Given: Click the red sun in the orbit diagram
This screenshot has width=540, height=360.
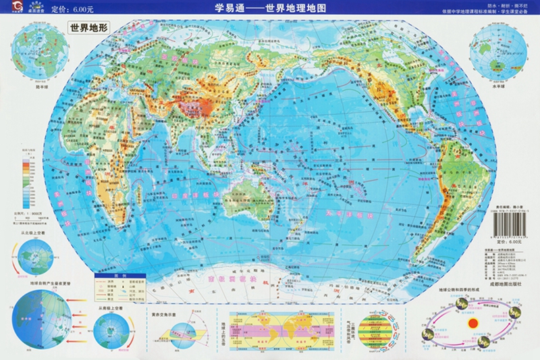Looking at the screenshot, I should click(473, 324).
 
